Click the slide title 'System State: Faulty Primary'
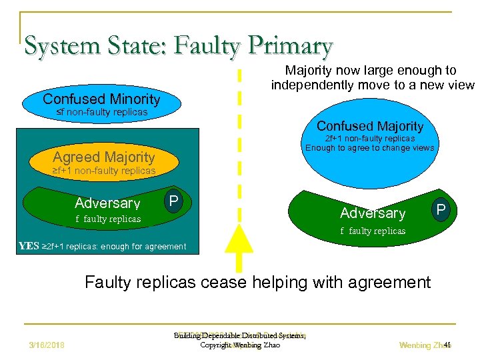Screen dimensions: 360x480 click(x=178, y=45)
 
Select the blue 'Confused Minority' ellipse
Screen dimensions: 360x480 click(x=101, y=100)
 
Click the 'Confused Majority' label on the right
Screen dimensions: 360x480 click(x=370, y=126)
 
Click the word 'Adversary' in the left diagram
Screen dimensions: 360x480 click(x=107, y=203)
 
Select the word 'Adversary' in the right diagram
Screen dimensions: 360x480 click(x=372, y=213)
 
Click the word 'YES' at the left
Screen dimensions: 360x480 click(x=29, y=246)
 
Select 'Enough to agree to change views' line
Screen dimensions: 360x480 click(x=370, y=148)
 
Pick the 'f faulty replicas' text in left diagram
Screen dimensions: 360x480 click(x=108, y=219)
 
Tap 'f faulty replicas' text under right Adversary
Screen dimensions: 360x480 click(x=373, y=231)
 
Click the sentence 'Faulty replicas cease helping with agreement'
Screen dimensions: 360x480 click(x=257, y=282)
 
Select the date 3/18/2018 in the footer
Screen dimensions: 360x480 click(x=46, y=345)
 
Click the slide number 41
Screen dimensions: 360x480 click(x=447, y=345)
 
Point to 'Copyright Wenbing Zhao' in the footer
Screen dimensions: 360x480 click(x=240, y=345)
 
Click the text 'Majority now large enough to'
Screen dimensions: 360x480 click(x=371, y=70)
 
